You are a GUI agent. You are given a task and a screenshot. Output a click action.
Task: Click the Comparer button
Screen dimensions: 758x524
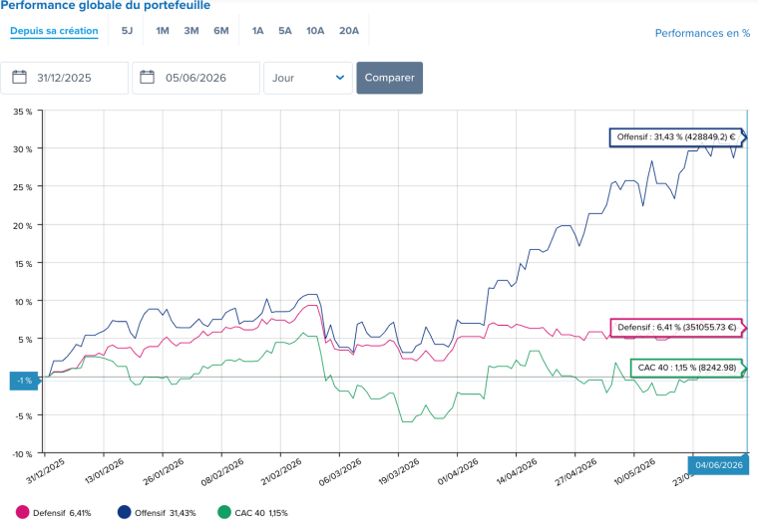[x=390, y=78]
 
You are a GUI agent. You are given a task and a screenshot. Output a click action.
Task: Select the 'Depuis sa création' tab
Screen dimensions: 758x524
[x=54, y=31]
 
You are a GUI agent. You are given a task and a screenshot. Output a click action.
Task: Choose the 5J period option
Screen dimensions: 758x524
[x=127, y=31]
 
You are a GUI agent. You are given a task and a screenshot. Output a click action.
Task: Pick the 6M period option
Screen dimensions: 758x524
[x=221, y=31]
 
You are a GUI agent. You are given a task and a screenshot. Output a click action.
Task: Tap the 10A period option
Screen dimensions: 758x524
[x=315, y=31]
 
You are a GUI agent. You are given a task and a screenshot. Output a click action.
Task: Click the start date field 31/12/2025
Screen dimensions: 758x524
[x=64, y=78]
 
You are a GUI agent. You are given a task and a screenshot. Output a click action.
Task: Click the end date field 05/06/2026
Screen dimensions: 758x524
[x=195, y=78]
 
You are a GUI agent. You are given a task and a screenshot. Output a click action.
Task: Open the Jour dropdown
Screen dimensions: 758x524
[x=308, y=78]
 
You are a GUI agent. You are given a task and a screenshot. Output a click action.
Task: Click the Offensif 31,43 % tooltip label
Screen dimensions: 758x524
[x=676, y=137]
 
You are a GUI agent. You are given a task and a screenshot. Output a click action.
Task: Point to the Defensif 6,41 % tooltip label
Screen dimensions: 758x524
[x=677, y=328]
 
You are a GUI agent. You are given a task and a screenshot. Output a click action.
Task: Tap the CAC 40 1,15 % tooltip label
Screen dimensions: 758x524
[x=687, y=368]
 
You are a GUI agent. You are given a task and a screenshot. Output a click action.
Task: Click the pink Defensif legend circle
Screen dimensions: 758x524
[x=22, y=512]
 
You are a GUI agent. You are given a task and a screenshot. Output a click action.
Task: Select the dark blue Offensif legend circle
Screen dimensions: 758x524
[x=125, y=512]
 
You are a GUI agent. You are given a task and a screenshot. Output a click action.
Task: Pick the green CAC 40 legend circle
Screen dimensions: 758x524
[x=224, y=512]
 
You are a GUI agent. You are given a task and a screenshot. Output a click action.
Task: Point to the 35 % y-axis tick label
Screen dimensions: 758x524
[x=23, y=112]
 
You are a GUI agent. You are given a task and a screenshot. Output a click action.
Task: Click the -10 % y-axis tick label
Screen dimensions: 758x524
[x=22, y=454]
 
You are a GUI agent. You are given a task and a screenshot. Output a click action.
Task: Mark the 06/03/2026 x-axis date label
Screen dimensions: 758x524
[x=340, y=472]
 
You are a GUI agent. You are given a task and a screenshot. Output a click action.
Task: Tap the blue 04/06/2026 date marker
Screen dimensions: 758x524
[x=719, y=465]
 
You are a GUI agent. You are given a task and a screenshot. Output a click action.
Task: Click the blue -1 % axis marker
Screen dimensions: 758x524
[x=24, y=381]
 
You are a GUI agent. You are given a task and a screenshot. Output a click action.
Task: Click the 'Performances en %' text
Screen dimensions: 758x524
[x=702, y=33]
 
